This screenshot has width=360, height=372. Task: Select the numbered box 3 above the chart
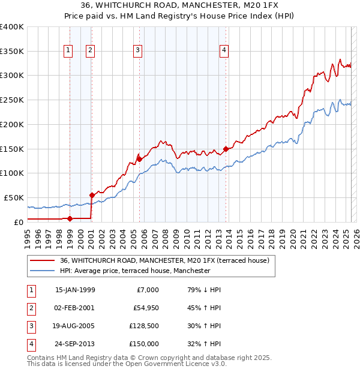(138, 51)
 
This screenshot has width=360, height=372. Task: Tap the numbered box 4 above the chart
(224, 51)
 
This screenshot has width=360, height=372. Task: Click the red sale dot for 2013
(226, 149)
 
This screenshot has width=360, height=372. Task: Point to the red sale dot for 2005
(139, 159)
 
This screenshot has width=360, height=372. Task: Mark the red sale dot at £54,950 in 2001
(92, 195)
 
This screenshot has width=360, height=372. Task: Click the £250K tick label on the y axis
(12, 100)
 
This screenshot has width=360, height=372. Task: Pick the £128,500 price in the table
(144, 327)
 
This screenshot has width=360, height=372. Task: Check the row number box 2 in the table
(30, 308)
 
